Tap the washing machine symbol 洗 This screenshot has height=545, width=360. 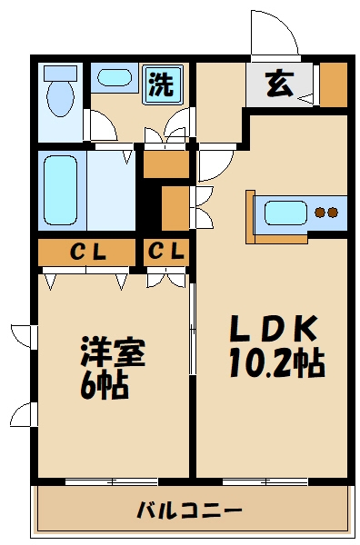click(162, 84)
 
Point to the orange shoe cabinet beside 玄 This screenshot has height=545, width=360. click(334, 84)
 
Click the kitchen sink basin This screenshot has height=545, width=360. click(285, 213)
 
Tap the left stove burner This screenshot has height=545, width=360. click(320, 213)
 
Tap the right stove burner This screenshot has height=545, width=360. click(333, 213)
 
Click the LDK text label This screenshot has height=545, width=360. click(271, 326)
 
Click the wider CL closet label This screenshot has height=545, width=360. click(87, 252)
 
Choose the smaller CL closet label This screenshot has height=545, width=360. click(166, 252)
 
